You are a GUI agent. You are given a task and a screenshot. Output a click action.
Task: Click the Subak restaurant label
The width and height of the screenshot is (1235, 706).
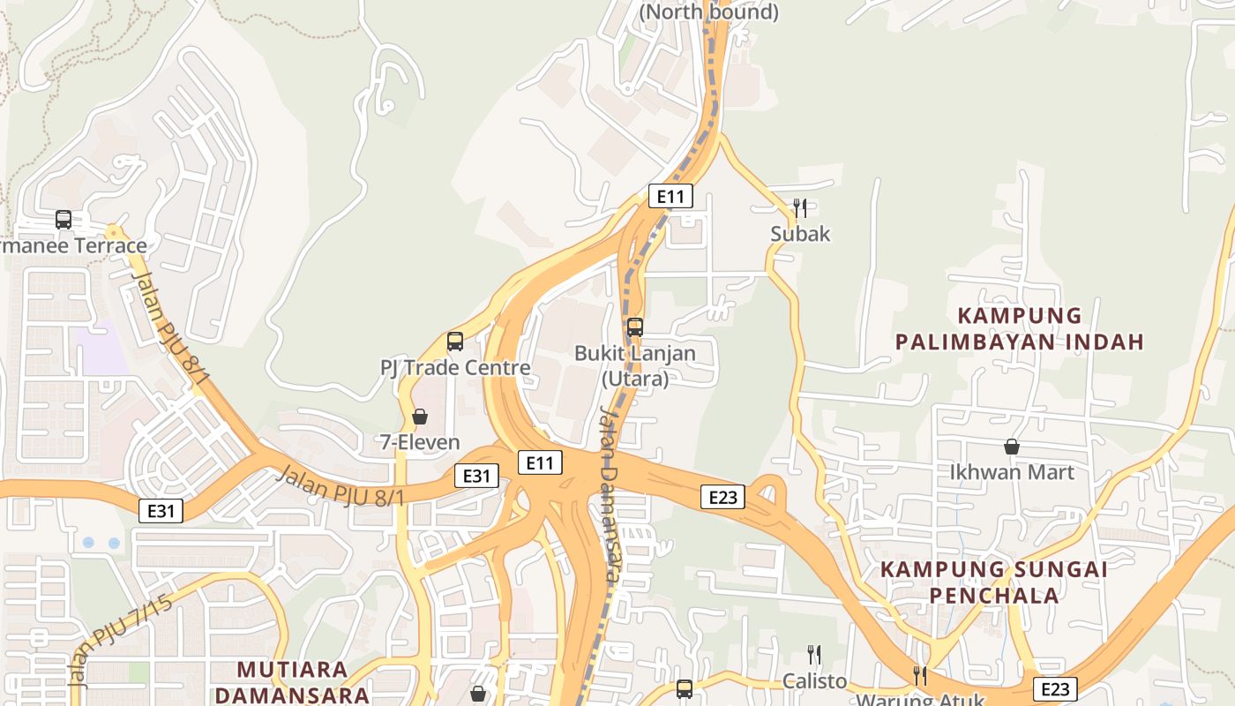tap(800, 234)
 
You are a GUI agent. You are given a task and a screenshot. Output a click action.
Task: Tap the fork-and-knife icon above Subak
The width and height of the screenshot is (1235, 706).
tap(800, 208)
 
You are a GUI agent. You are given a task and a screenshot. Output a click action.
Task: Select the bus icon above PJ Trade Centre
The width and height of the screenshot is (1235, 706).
tap(455, 342)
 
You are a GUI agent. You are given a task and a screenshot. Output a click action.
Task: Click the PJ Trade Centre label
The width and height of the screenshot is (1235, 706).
tap(455, 368)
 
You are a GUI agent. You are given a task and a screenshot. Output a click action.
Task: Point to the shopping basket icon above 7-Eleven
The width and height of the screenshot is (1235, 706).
tap(420, 417)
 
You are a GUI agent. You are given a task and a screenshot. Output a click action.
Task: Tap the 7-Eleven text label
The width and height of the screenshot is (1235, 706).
tap(420, 442)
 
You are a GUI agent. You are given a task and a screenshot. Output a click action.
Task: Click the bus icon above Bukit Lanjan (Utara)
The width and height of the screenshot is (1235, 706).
tap(635, 327)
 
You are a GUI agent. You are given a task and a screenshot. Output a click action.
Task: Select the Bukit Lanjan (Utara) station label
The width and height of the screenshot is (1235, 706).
tap(635, 365)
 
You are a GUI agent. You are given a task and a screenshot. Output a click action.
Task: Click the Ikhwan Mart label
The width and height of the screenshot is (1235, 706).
tap(1012, 472)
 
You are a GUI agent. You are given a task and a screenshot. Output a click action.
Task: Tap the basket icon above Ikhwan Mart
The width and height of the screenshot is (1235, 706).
tap(1012, 447)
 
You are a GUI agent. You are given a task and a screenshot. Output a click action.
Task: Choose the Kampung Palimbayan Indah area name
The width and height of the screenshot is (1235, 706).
tap(1020, 328)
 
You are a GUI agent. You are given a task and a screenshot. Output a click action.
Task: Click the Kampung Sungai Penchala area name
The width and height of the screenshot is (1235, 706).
tap(994, 582)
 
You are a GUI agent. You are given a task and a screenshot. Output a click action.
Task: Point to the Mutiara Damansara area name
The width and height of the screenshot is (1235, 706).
tap(292, 681)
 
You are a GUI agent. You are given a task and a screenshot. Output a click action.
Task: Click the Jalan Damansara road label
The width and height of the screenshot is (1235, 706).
tap(608, 494)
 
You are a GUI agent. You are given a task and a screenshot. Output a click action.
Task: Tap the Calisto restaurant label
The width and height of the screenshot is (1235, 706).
tap(814, 681)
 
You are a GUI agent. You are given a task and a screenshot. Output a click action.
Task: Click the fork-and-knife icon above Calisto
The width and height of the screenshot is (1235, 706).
tap(814, 655)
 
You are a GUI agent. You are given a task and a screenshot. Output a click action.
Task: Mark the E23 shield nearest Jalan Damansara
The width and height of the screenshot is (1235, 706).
tap(723, 497)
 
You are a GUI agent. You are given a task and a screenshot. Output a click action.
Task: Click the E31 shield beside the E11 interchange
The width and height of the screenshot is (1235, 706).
tap(476, 476)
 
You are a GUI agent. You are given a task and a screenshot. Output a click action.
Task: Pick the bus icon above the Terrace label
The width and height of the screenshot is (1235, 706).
tap(64, 220)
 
